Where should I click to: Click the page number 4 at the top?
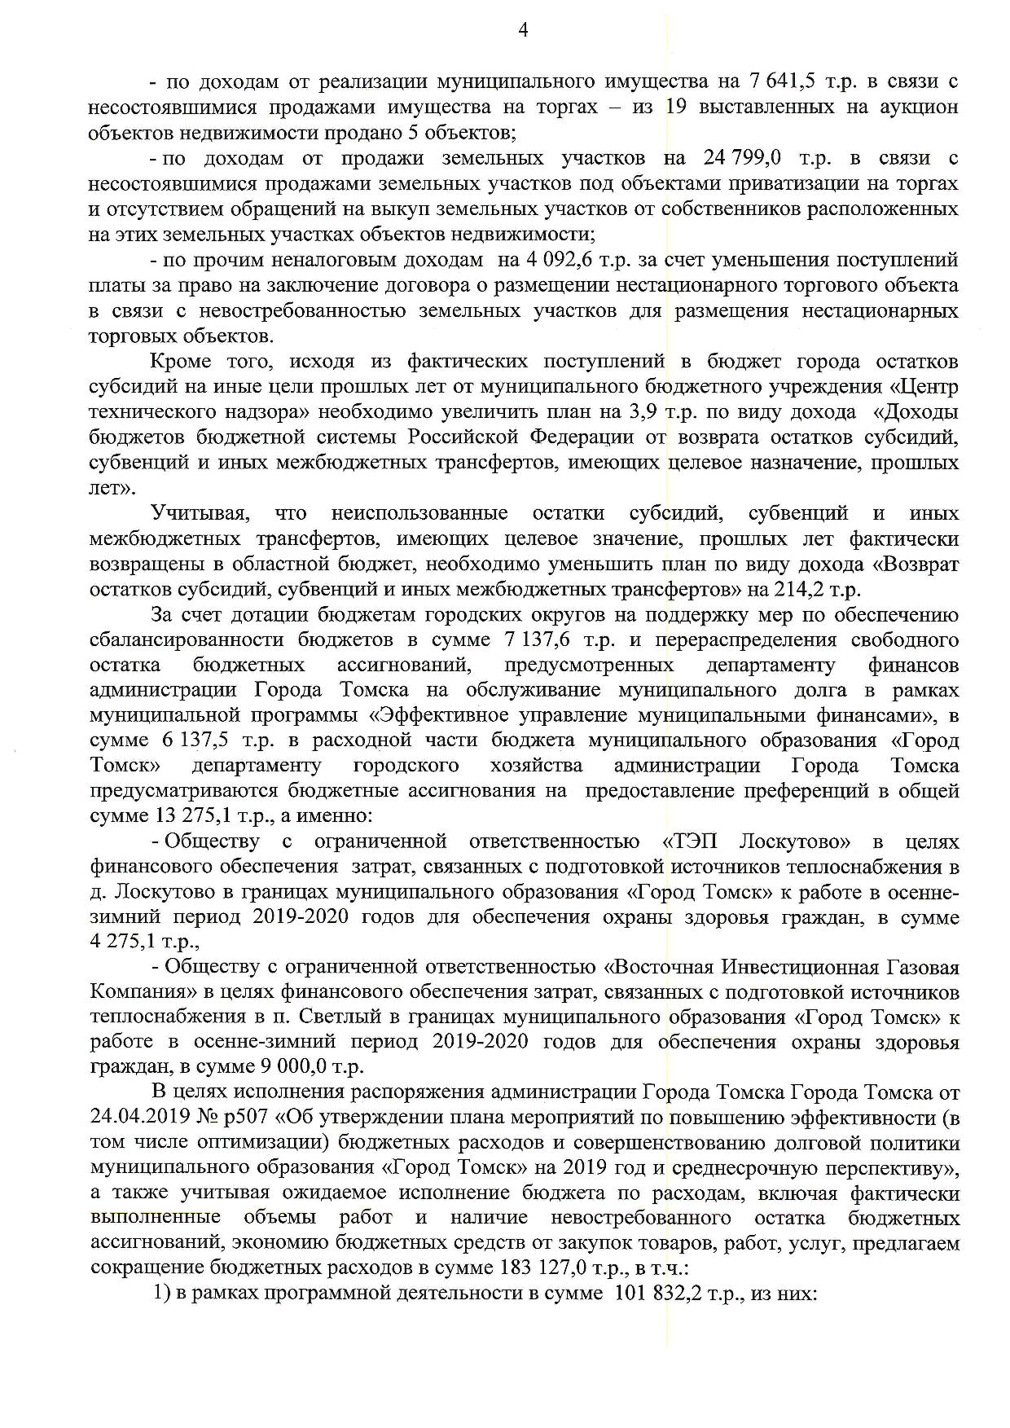tap(524, 31)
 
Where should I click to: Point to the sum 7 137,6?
tap(540, 639)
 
